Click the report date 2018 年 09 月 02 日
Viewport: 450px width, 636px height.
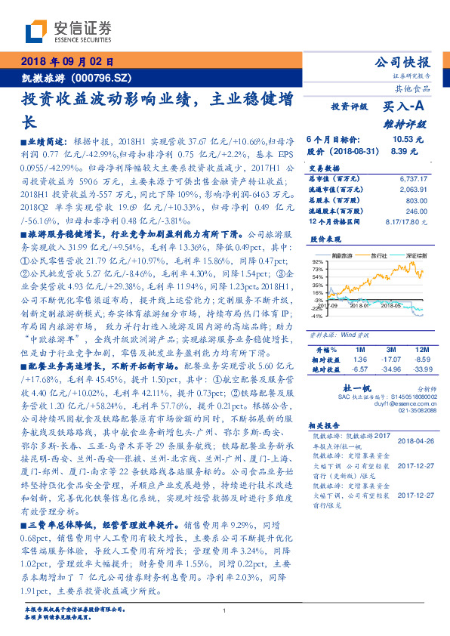68,61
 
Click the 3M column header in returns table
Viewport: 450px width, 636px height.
390,350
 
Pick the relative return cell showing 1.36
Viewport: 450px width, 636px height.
360,360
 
